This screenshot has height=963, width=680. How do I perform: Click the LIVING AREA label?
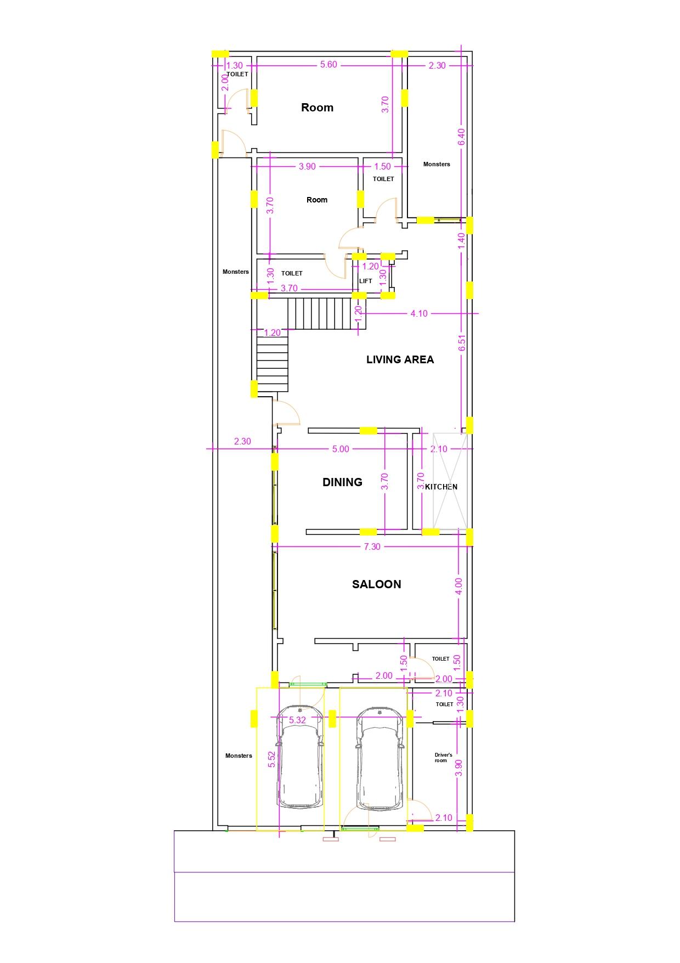coord(400,359)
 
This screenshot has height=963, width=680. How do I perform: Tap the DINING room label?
coord(342,482)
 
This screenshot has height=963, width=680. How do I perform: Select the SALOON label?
coord(376,584)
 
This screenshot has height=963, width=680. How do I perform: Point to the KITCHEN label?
coord(441,487)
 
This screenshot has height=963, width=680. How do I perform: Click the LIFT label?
coord(365,281)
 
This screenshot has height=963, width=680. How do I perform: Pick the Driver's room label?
coord(443,758)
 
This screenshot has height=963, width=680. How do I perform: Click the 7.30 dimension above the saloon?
coord(372,547)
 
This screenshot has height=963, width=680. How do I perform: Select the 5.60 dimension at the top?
coord(328,65)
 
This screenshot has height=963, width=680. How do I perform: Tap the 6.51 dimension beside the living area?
coord(462,343)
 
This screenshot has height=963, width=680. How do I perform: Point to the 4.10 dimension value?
coord(419,313)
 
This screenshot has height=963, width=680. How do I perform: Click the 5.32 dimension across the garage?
coord(297,720)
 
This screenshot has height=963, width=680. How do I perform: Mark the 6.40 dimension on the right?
coord(461,137)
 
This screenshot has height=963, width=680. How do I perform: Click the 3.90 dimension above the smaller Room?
coord(307,166)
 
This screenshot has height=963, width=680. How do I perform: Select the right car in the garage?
coord(379,758)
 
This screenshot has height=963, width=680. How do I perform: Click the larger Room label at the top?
coord(317,107)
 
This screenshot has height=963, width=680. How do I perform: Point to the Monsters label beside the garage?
coord(239,756)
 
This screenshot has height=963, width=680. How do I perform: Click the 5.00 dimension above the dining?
coord(341,449)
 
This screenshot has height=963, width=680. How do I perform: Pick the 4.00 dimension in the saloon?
coord(459,585)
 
